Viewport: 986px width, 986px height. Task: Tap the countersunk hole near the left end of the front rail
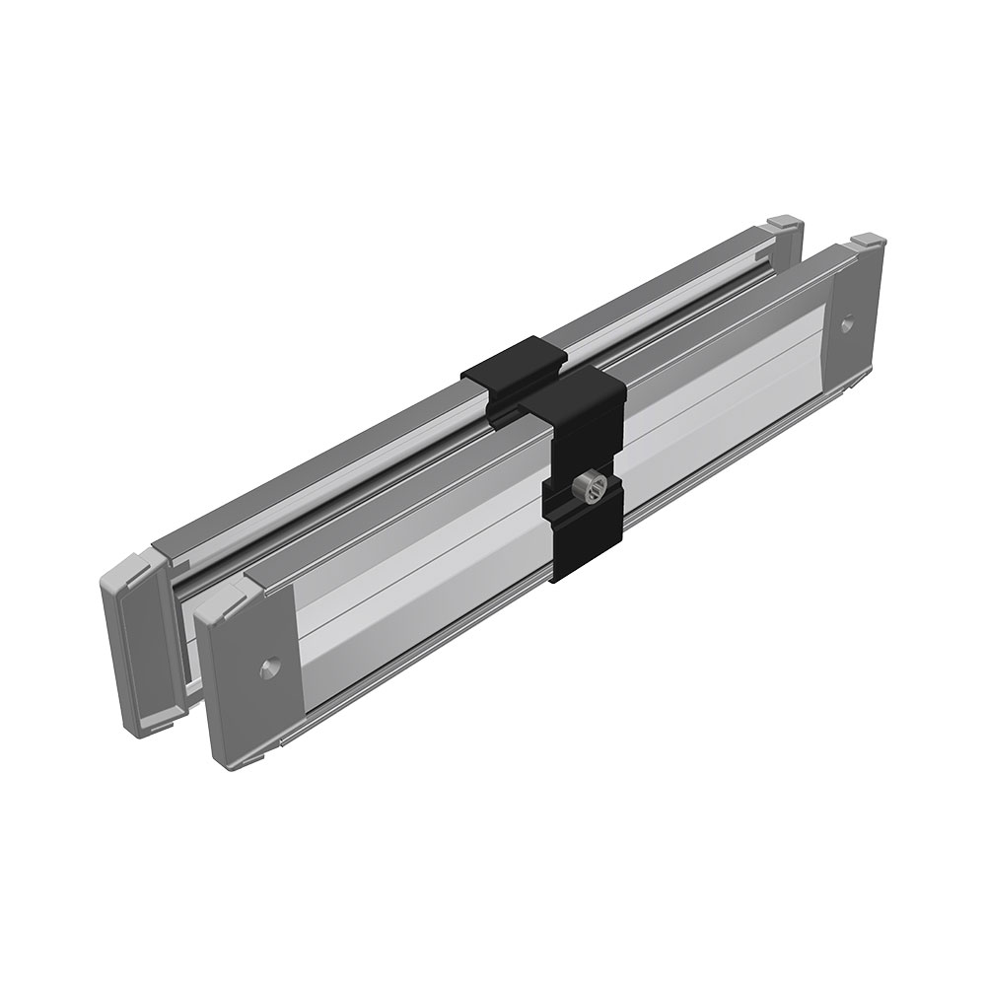pyautogui.click(x=266, y=667)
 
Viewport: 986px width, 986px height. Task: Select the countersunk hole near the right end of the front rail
pyautogui.click(x=848, y=322)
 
